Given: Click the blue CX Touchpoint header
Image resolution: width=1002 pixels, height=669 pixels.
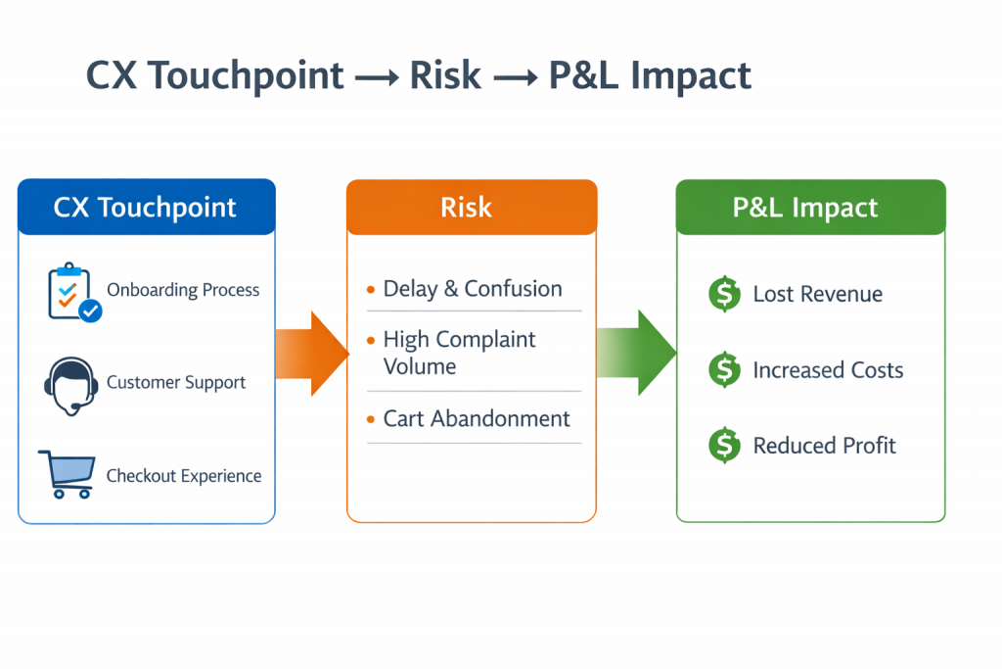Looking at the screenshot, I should point(146,207).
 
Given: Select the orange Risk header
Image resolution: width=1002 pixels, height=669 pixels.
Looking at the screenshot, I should point(471,207).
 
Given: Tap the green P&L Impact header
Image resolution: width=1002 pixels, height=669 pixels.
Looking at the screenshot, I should point(810,207).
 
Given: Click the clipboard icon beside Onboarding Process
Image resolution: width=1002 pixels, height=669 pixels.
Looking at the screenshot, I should point(72,291).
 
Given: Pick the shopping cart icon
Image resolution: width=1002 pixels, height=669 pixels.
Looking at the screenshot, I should point(67,474).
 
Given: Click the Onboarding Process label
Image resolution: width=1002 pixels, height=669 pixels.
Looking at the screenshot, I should point(183,290).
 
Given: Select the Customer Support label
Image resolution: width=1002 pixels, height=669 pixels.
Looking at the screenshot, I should point(176,382).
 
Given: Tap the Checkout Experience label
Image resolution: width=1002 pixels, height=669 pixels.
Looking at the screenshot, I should point(184,476).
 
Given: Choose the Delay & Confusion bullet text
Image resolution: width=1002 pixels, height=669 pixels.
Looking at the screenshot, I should point(473,289).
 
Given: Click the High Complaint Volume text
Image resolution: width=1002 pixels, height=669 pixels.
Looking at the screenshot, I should point(459,353).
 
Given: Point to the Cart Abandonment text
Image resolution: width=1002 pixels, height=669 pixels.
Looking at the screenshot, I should point(477,418).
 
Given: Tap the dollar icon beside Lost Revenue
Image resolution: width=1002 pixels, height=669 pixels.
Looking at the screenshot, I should point(724,294).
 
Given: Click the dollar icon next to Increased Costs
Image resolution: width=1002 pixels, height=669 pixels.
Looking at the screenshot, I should point(724,369).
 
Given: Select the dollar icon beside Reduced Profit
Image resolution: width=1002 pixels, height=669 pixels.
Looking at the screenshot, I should point(724,446).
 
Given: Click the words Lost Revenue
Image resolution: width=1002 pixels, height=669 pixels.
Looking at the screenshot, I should point(817,294).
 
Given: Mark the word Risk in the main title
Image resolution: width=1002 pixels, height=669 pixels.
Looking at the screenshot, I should point(446,75).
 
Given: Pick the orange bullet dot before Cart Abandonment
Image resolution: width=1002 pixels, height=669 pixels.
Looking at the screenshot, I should point(371,419).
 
